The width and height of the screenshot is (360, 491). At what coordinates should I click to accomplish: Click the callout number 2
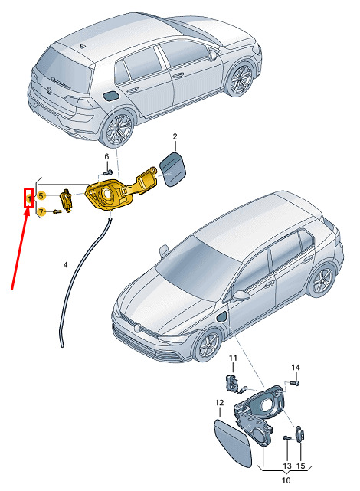[175, 136]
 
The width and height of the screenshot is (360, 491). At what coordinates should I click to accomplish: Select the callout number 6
[106, 156]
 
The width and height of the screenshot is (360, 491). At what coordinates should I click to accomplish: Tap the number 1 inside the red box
[29, 198]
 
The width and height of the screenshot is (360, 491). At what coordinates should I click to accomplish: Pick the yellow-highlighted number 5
[41, 196]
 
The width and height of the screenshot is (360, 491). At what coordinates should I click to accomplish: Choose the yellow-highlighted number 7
[41, 212]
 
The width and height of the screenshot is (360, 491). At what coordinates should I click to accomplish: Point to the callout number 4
[65, 265]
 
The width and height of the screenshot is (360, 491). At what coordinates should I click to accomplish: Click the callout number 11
[233, 358]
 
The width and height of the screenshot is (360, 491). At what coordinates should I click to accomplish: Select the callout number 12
[219, 402]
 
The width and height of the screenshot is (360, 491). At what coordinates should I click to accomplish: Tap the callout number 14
[296, 368]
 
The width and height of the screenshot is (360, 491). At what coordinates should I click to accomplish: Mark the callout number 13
[287, 466]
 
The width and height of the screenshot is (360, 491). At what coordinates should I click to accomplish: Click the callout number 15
[300, 466]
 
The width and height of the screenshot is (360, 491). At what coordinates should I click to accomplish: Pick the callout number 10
[286, 480]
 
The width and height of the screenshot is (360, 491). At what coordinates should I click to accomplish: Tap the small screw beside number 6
[108, 172]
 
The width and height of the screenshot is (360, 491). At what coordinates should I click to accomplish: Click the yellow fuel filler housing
[120, 189]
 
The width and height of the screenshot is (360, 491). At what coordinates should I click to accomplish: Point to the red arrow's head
[28, 211]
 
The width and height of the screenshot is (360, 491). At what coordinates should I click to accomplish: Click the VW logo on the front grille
[137, 329]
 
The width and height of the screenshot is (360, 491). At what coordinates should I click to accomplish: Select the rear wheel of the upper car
[118, 129]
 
